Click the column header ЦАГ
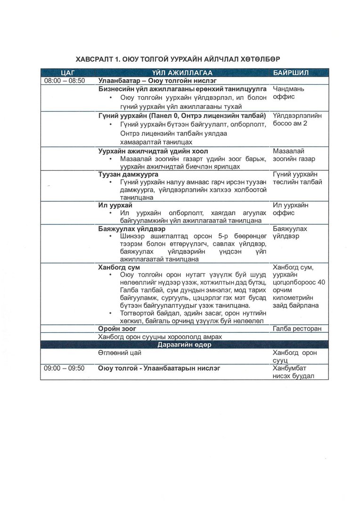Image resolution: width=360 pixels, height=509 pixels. [x=65, y=73]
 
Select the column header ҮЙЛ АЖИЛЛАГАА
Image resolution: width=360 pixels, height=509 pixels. [x=182, y=73]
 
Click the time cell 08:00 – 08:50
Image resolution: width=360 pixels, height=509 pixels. [x=65, y=81]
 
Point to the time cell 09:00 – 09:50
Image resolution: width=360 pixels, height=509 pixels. [x=65, y=368]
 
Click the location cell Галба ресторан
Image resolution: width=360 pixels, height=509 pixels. [x=297, y=328]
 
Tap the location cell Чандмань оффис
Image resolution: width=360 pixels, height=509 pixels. [x=289, y=92]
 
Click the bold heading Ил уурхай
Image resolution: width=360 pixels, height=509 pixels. [x=115, y=205]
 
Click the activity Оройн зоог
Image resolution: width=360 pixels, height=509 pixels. [x=117, y=328]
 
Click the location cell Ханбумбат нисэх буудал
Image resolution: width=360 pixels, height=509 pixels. [x=294, y=372]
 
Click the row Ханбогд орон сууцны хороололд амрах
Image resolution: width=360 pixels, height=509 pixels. [x=159, y=337]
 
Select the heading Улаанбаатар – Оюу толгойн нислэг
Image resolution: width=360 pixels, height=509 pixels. [x=157, y=81]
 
